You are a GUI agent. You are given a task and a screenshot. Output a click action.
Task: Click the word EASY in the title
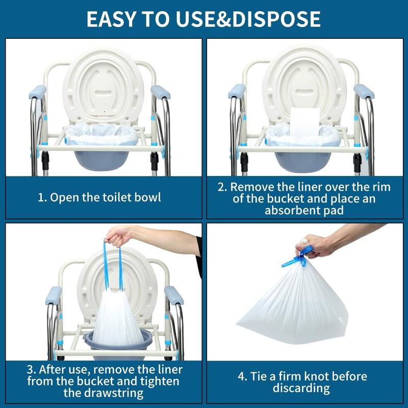(110, 19)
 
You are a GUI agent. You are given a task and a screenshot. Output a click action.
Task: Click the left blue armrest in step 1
(37, 92)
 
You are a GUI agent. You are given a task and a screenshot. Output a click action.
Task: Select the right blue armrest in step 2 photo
(364, 92)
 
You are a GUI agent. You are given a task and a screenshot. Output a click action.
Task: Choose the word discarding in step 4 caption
(301, 389)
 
